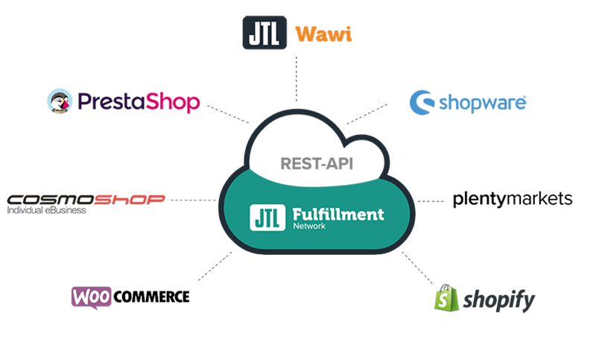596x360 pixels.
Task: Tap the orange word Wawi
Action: coord(323,34)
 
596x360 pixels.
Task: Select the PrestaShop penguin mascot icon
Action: coord(60,101)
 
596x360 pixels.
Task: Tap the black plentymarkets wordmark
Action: coord(513,199)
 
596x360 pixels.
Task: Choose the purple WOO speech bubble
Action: coord(92,296)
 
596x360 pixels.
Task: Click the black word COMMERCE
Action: coord(152,297)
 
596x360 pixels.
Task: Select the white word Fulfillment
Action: coord(335,215)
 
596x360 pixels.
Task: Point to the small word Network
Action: coord(302,227)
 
